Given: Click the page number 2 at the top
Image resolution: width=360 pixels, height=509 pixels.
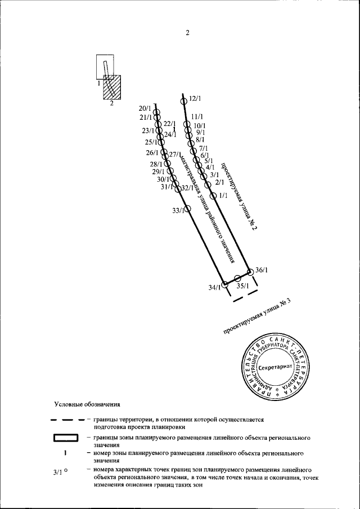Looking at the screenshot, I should tap(187, 33).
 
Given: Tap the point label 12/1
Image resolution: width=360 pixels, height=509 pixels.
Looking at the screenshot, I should tap(195, 99).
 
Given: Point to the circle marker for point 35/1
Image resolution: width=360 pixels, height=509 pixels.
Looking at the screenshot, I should tap(237, 278).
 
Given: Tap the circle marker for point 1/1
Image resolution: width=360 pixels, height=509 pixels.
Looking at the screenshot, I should tap(213, 195).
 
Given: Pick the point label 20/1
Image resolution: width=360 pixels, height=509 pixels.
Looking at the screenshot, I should tap(145, 108).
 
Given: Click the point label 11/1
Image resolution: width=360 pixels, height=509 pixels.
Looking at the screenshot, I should tap(197, 116).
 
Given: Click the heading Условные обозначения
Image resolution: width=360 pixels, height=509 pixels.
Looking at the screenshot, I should tap(87, 404).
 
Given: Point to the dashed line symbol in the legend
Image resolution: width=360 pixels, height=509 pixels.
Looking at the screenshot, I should tap(67, 420).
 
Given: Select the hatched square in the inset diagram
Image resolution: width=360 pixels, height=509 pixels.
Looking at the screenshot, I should tap(111, 88).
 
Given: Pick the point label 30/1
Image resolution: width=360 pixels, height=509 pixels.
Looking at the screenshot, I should tap(164, 179).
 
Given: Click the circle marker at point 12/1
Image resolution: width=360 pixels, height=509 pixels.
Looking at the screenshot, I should tap(183, 101).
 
